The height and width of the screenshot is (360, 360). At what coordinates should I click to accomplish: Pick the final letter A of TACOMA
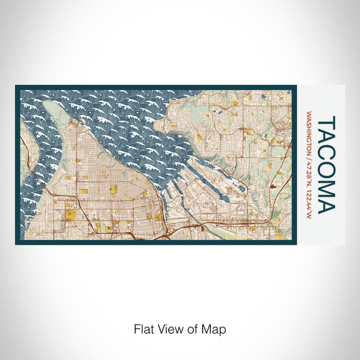[328, 204]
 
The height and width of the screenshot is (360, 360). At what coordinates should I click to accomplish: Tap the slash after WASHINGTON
[309, 155]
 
